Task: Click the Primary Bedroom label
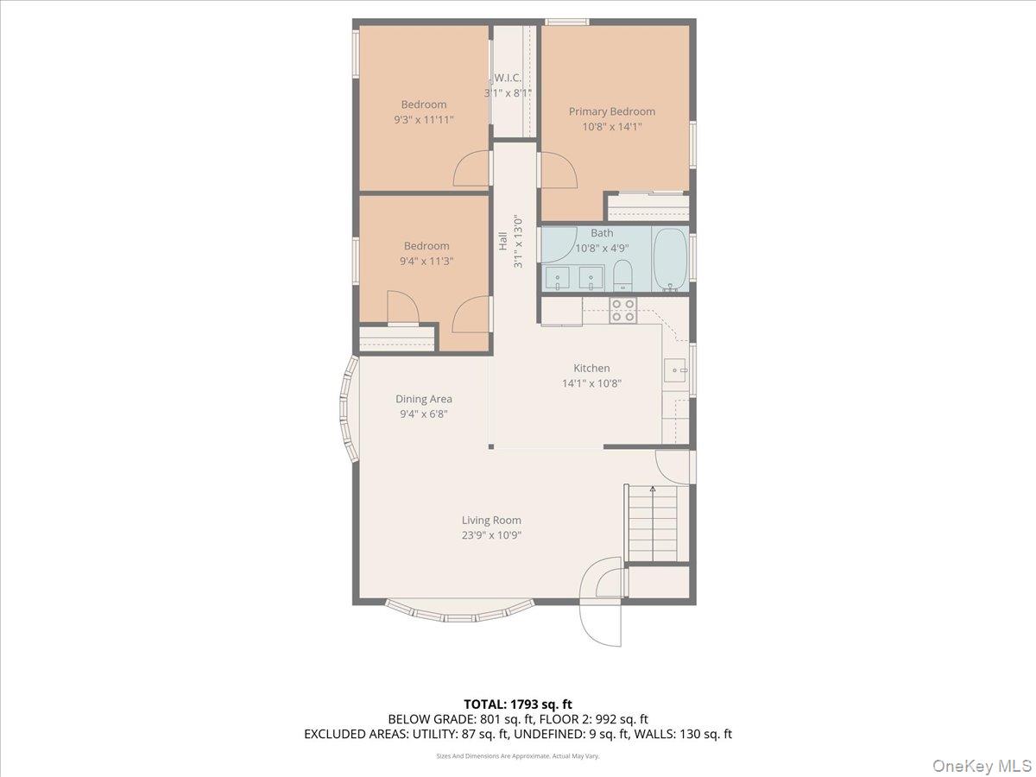[611, 111]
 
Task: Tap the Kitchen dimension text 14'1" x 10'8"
[591, 383]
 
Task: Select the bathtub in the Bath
[670, 257]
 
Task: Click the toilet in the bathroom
[622, 276]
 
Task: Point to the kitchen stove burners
[622, 310]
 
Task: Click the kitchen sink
[675, 370]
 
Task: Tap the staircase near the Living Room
[652, 524]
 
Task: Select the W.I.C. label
[508, 78]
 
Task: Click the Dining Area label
[424, 399]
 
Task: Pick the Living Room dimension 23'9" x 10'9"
[491, 535]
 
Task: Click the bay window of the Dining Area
[348, 410]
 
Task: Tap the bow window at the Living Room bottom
[447, 611]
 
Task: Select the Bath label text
[602, 233]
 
